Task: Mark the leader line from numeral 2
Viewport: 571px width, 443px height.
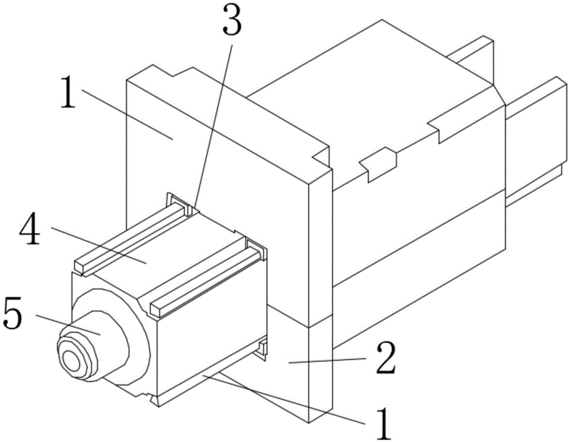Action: [327, 360]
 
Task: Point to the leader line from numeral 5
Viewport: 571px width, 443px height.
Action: [68, 324]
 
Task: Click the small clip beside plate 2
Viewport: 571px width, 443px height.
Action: [263, 348]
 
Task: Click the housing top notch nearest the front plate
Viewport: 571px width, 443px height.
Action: [379, 164]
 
